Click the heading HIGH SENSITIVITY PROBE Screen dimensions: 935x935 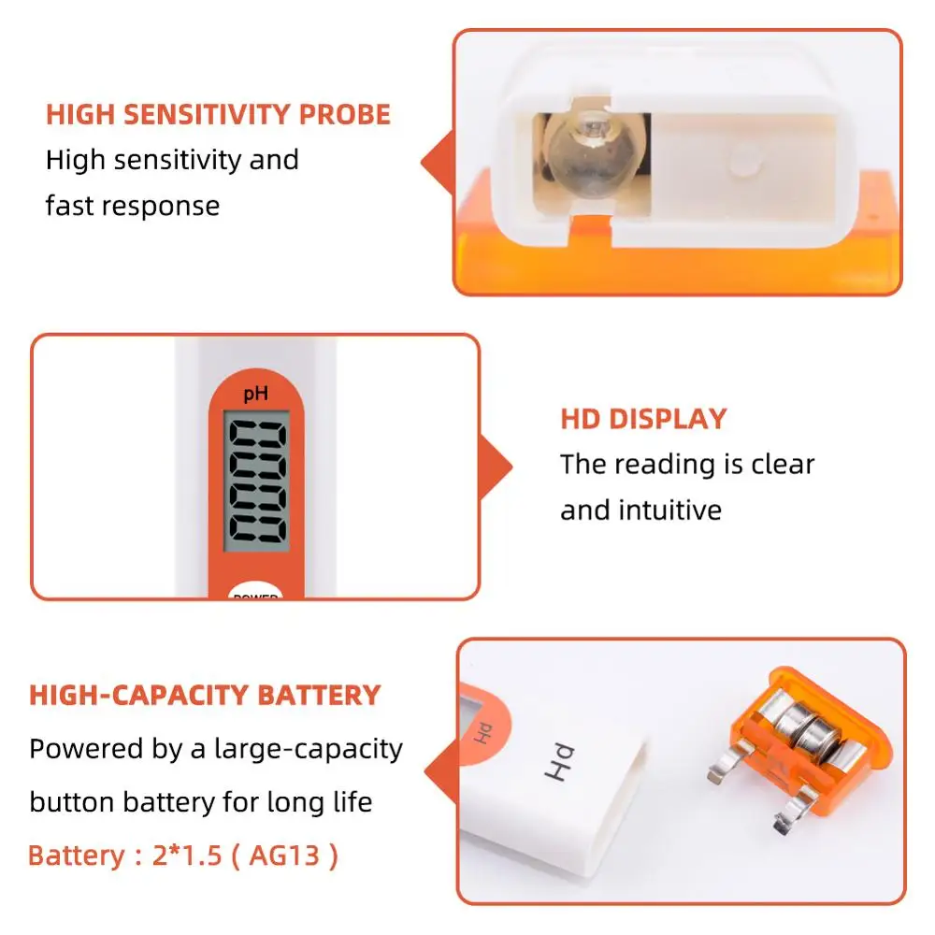218,114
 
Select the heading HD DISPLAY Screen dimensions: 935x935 644,419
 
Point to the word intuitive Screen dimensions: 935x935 669,510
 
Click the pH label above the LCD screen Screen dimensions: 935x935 256,394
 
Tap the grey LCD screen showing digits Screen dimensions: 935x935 256,481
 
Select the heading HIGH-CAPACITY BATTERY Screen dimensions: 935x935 205,696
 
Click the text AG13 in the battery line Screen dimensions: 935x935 284,856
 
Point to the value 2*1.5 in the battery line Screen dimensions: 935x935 187,856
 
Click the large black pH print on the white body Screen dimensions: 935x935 559,762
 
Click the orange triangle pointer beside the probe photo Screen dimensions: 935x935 439,162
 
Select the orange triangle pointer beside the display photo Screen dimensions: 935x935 496,467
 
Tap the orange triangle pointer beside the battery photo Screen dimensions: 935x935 442,772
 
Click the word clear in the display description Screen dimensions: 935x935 783,464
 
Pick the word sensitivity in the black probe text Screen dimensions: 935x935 177,160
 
